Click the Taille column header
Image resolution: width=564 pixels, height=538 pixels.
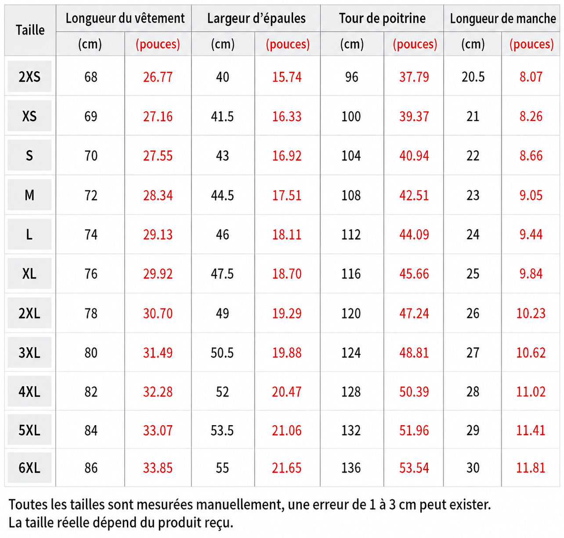tap(30, 30)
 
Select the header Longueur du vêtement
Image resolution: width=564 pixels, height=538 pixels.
tap(125, 18)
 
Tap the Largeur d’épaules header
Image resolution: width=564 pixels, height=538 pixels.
tap(257, 18)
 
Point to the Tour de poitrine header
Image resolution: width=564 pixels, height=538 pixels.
tap(382, 18)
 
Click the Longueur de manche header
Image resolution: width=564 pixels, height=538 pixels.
tap(503, 18)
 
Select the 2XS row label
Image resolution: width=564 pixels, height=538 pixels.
tap(29, 77)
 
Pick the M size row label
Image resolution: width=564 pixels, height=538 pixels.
tap(29, 195)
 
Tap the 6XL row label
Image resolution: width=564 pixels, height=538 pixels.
tap(29, 468)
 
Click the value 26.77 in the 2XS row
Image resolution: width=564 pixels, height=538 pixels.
tap(158, 77)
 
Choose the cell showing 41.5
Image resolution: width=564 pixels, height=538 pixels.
tap(222, 116)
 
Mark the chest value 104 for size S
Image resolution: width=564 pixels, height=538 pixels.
tap(351, 156)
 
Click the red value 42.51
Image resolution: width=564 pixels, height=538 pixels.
tap(414, 195)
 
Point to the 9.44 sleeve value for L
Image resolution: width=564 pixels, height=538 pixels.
tap(531, 235)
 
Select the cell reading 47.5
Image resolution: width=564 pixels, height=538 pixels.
tap(222, 274)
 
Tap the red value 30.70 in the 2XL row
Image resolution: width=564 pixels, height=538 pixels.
tap(158, 313)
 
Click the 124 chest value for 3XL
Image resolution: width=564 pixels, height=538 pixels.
tap(351, 353)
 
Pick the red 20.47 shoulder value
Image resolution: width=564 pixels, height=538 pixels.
tap(286, 392)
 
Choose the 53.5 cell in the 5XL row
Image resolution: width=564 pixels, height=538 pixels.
tap(222, 430)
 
